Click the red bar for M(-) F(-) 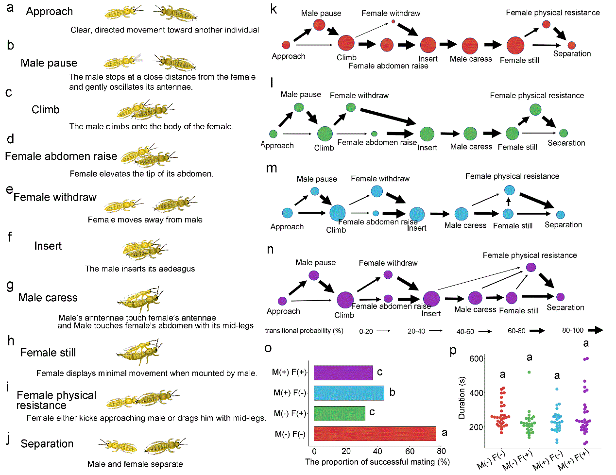375,434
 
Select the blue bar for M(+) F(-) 349,393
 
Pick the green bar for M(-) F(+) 339,413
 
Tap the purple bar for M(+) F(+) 343,373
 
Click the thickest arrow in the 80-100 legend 595,330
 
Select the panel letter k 274,9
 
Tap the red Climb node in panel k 346,43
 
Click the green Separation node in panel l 564,133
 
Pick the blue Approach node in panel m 287,213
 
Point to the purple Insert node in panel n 431,299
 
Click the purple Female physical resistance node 531,267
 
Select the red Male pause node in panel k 319,24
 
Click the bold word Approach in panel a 49,12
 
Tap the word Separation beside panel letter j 47,444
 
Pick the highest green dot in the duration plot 529,372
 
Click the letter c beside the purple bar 379,373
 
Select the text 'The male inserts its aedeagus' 140,269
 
